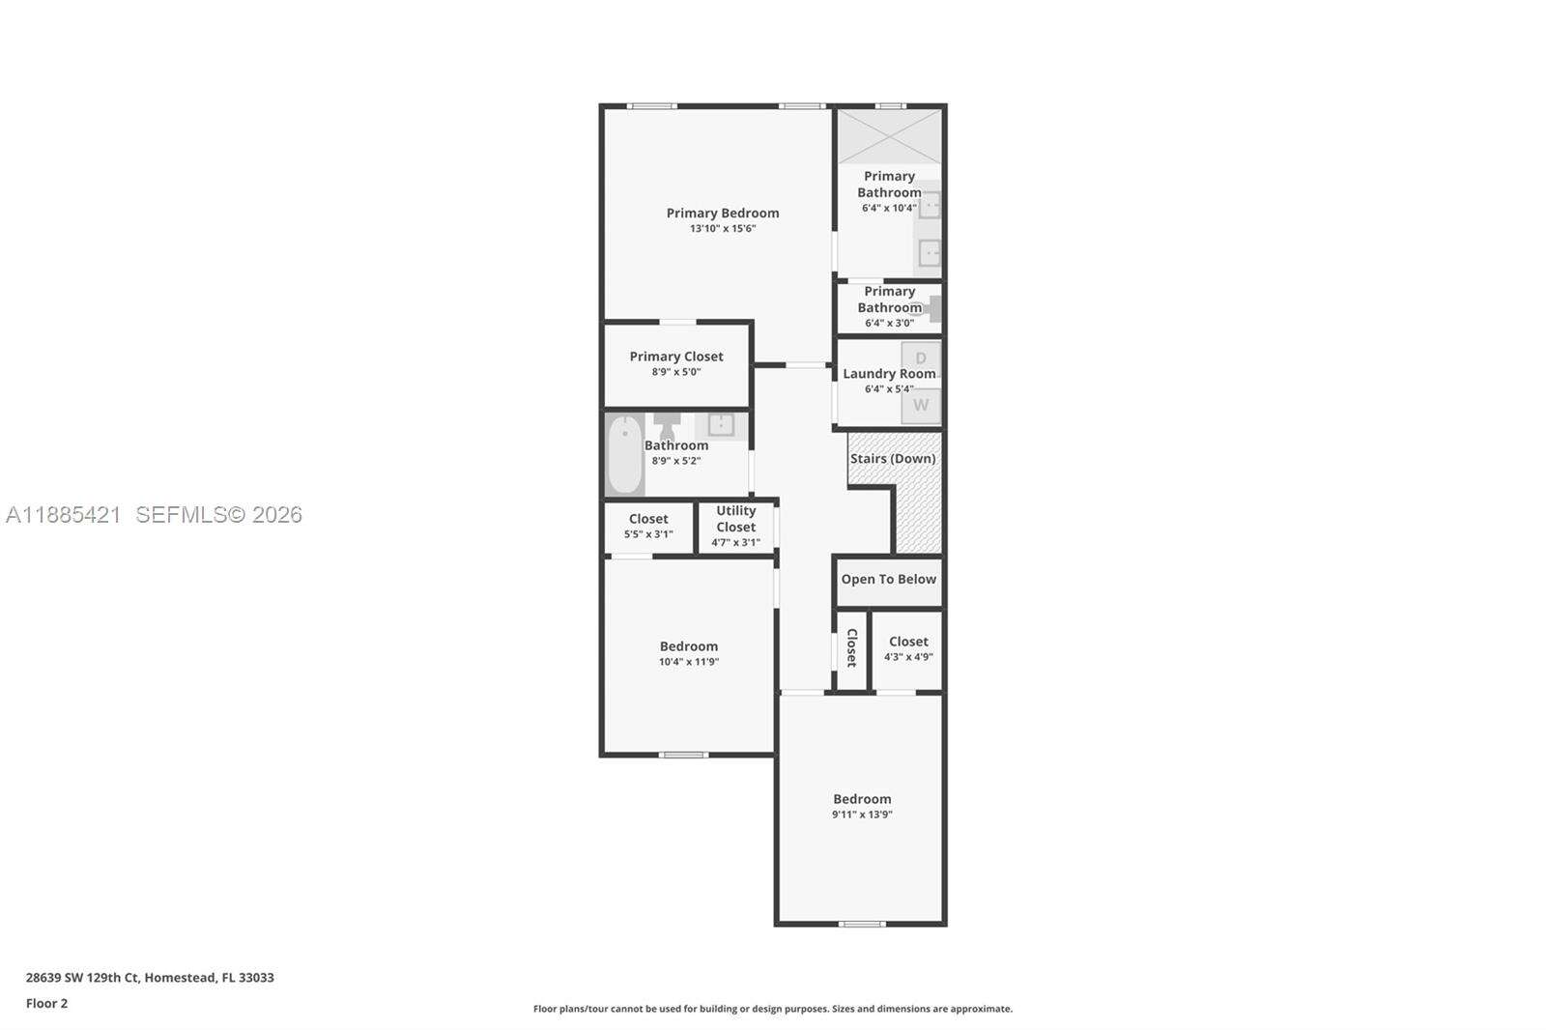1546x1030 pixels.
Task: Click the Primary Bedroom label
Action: coord(722,214)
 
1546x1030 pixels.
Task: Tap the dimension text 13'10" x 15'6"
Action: coord(722,229)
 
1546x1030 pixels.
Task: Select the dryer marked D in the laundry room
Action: coord(921,358)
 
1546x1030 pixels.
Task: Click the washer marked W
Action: coord(921,406)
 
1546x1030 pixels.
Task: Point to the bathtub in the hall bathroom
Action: coord(624,453)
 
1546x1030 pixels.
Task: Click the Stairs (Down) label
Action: coord(892,459)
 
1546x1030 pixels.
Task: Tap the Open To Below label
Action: coord(888,580)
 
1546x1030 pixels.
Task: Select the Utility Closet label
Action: coord(735,519)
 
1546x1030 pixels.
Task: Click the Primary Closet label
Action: coord(675,357)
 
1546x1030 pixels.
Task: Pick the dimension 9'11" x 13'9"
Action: coord(862,815)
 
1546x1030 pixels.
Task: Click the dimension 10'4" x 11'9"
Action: coord(688,662)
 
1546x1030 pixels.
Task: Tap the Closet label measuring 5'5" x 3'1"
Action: coord(647,519)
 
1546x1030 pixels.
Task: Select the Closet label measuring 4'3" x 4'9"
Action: coord(907,642)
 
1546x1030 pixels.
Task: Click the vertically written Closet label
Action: coord(851,647)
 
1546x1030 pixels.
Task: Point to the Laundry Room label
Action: coord(888,374)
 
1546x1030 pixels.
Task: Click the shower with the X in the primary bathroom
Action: coord(889,136)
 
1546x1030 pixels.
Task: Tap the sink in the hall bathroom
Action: coord(721,424)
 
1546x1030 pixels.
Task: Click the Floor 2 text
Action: coord(46,1003)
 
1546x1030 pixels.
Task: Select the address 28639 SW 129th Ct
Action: coord(82,978)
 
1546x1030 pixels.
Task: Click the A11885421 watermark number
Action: coord(63,515)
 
